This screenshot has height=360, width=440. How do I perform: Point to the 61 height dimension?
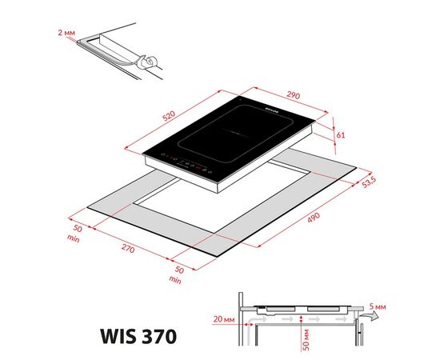click(x=341, y=134)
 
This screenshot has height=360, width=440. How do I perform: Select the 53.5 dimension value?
click(x=368, y=182)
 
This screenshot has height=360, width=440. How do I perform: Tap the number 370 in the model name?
click(x=153, y=330)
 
